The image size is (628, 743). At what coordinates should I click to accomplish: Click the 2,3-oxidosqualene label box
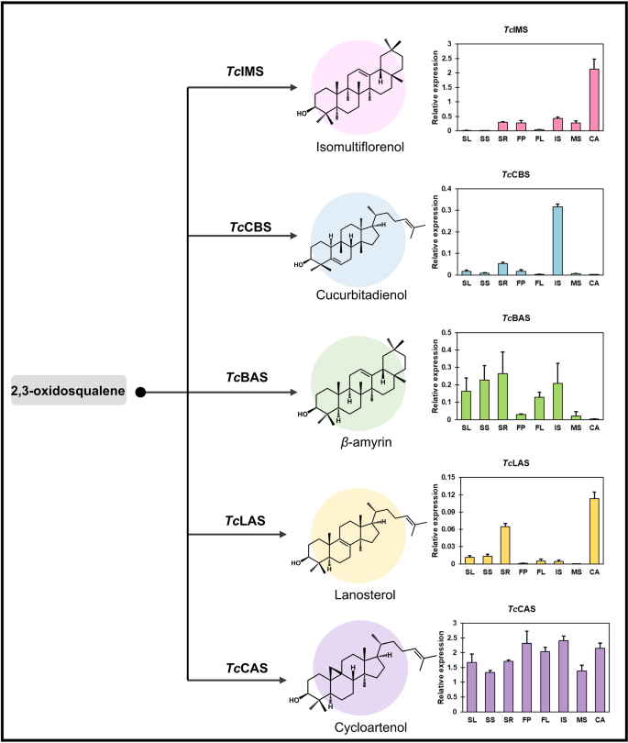(x=68, y=392)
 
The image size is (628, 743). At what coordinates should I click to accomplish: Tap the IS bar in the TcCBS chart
(x=556, y=240)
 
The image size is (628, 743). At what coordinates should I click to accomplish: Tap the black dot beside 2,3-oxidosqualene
(x=141, y=393)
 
